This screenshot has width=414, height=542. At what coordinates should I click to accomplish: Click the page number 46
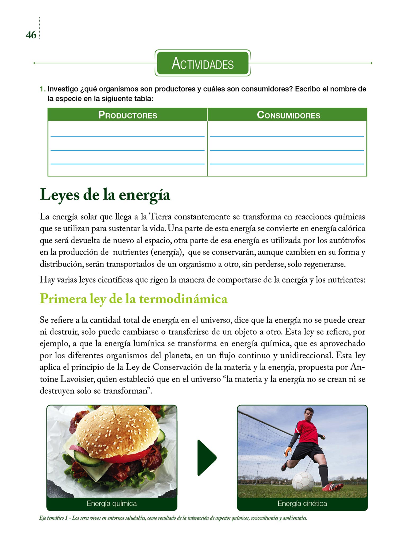coord(31,35)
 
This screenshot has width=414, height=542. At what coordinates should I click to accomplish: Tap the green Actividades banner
coord(202,63)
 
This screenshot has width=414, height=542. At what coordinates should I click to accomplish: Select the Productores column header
coord(128,115)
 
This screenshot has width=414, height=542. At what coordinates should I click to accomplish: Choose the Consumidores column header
coord(288,115)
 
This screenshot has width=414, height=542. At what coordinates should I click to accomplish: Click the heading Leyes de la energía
coord(105,195)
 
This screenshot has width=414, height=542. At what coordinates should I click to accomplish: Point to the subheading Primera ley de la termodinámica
coord(133,299)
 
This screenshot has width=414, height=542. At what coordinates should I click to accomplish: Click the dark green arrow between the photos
coord(206,458)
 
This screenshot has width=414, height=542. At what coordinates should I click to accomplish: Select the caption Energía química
coord(112,503)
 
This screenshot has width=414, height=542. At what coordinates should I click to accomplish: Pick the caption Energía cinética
coord(302,503)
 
